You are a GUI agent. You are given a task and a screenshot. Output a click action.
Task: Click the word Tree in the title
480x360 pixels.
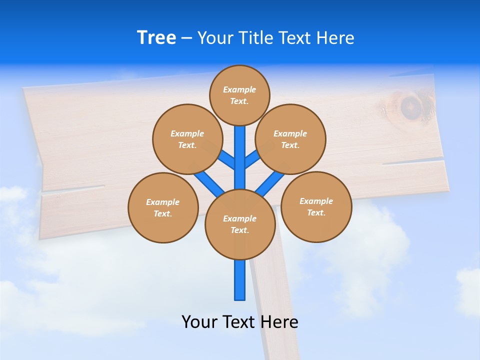click(x=156, y=37)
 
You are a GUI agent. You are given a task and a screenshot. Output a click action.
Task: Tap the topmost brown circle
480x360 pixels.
click(x=239, y=95)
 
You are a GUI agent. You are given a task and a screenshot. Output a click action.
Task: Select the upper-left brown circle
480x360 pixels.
click(x=187, y=139)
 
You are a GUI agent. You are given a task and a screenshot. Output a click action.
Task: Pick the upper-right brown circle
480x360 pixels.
click(x=290, y=139)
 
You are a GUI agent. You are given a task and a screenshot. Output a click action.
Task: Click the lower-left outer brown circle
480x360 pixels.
click(x=163, y=207)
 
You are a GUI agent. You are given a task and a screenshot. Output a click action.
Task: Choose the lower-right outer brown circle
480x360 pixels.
click(x=316, y=206)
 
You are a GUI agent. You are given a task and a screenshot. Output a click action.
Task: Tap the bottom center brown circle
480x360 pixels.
click(x=240, y=224)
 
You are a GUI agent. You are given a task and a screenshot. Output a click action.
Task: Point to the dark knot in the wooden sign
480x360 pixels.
click(x=410, y=106)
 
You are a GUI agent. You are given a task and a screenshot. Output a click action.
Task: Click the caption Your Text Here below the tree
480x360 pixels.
click(x=240, y=321)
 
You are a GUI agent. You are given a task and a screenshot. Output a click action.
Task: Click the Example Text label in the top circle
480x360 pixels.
click(x=239, y=95)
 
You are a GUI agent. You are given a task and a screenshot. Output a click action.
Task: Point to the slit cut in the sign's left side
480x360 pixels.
click(x=75, y=188)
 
